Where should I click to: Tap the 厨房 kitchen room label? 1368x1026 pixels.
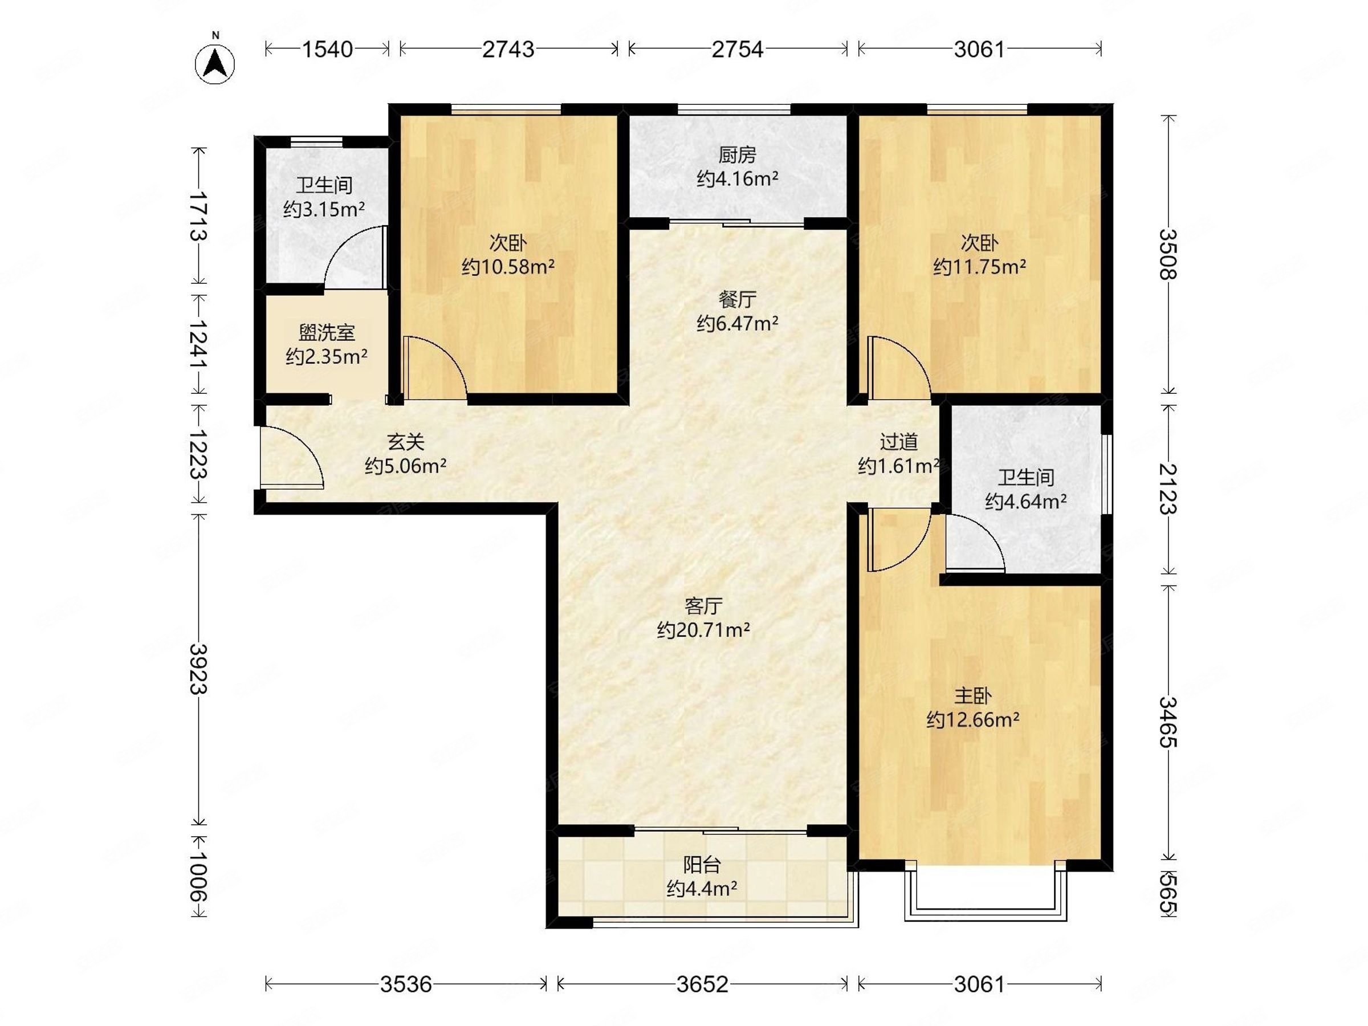point(737,154)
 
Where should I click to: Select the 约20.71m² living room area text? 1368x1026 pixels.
point(703,630)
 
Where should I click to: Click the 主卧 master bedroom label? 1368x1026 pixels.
point(973,697)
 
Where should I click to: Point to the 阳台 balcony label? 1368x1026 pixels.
point(702,864)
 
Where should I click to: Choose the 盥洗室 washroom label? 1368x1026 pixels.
point(327,333)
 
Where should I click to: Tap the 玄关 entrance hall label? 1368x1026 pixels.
point(406,442)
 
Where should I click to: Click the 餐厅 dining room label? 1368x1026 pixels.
point(737,299)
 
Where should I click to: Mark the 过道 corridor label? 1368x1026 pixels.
point(898,442)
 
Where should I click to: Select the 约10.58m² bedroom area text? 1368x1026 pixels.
point(508,267)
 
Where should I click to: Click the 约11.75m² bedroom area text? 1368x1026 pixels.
point(980,267)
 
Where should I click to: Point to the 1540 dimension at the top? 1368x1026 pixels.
point(327,49)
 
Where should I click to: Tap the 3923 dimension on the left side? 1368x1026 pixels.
point(198,669)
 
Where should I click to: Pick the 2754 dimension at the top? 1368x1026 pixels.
point(737,49)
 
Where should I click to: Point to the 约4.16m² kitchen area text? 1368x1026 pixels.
point(737,180)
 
